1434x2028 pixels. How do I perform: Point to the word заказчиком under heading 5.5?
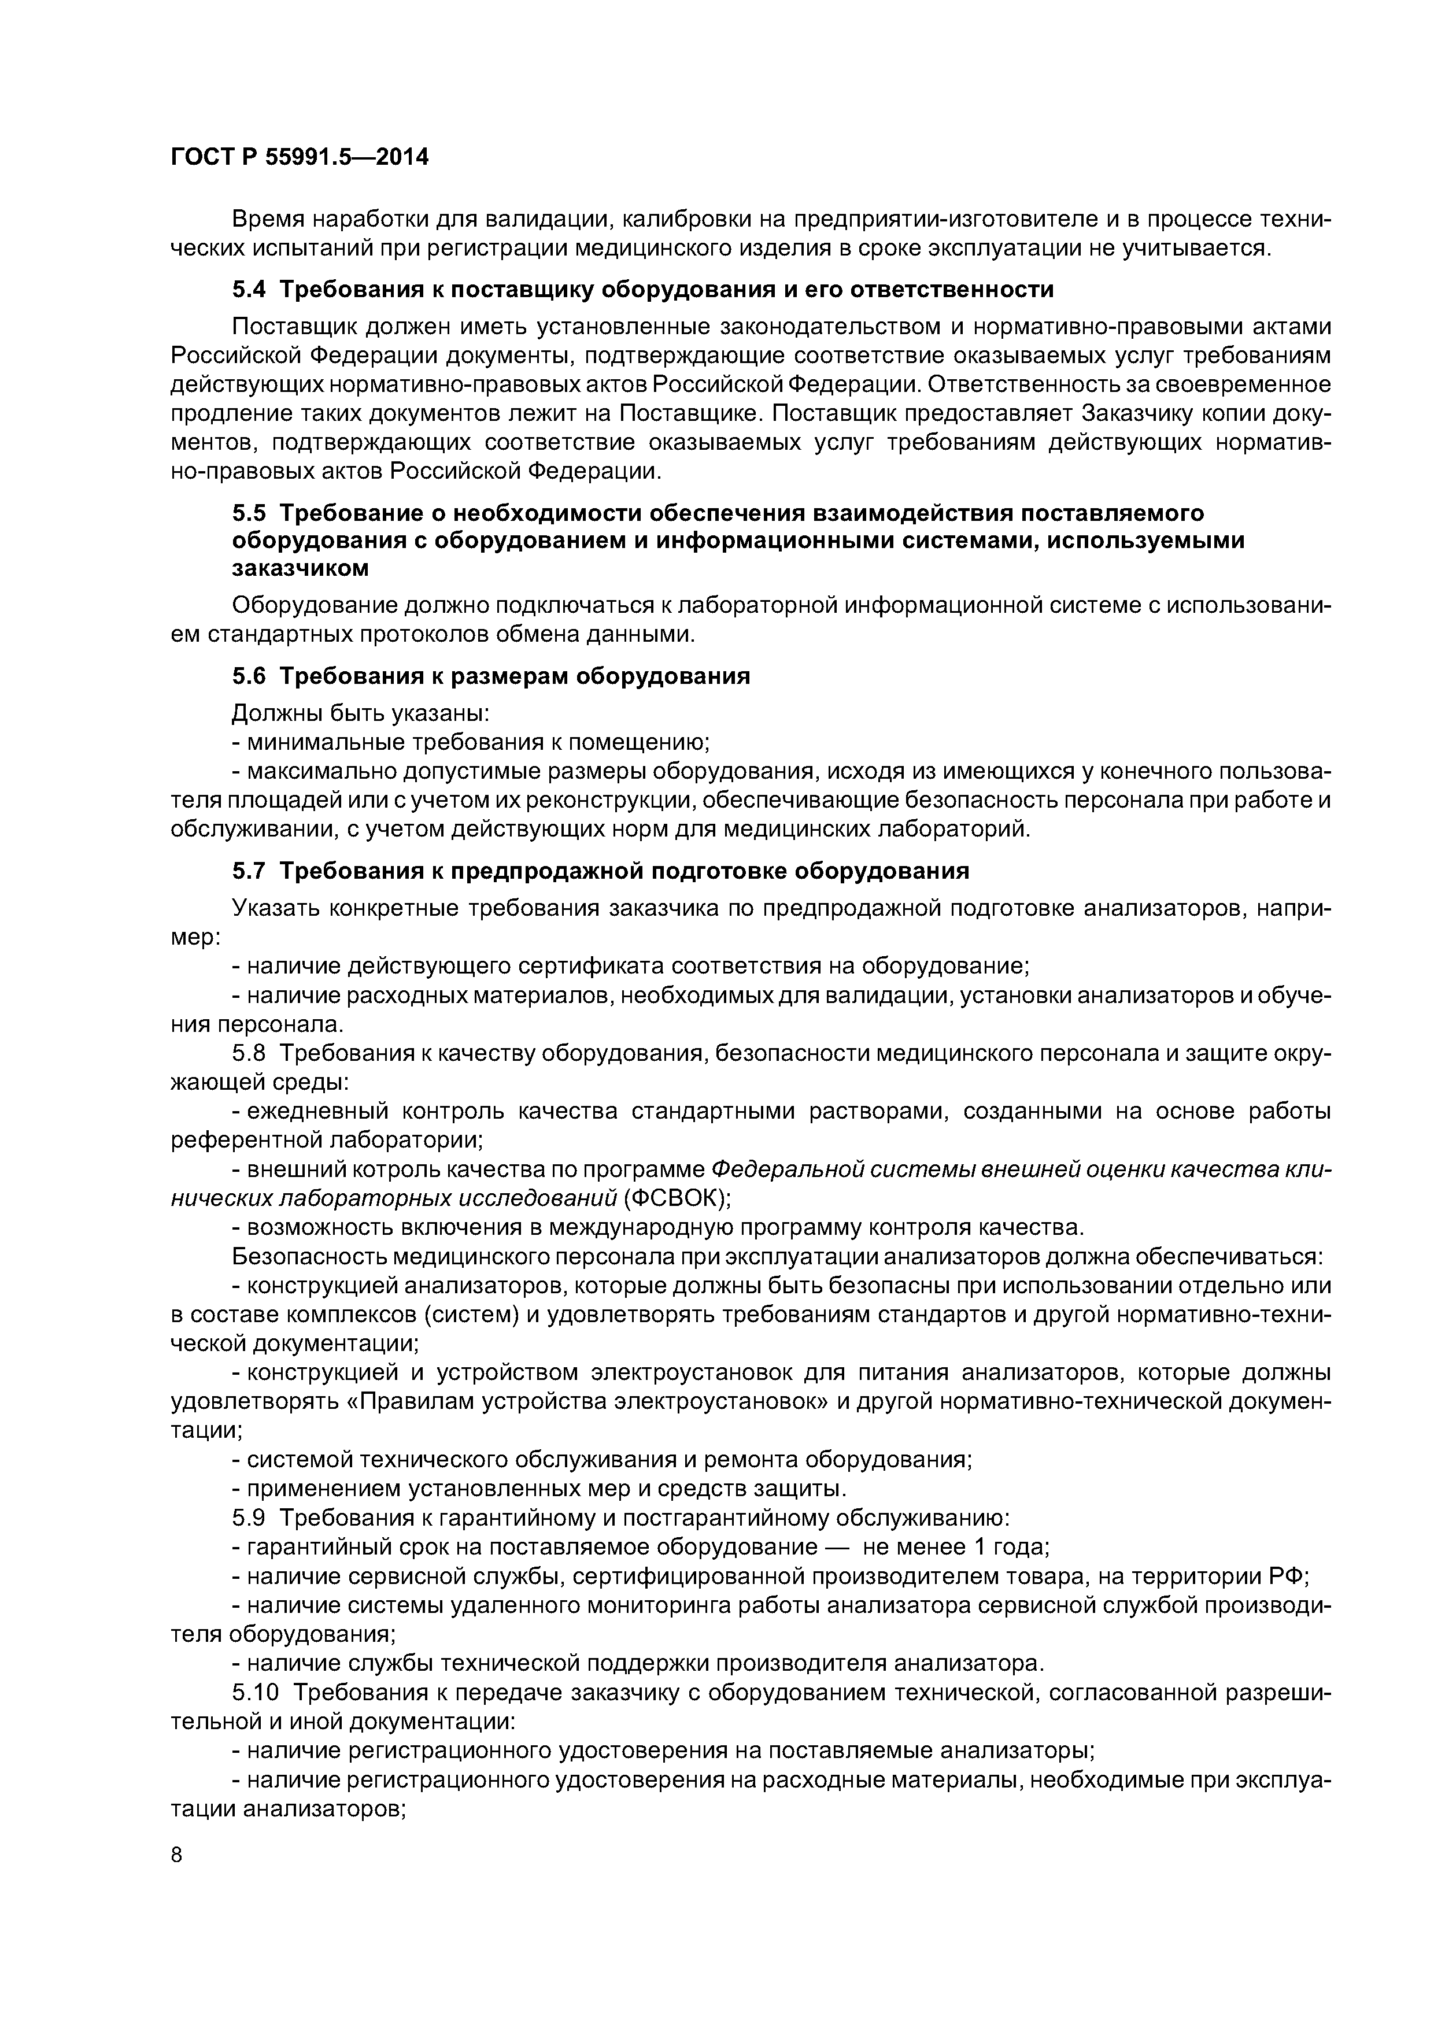click(x=301, y=569)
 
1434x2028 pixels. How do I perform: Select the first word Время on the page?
click(x=269, y=219)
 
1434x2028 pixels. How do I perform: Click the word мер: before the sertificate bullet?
click(x=194, y=937)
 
